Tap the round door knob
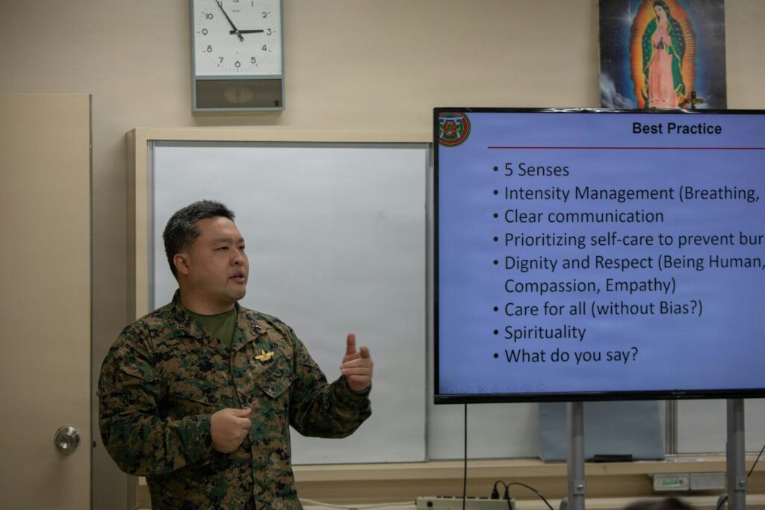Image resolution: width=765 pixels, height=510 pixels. tap(67, 439)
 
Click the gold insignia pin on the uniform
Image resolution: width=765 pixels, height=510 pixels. tap(264, 355)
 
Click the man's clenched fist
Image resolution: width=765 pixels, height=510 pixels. tap(229, 429)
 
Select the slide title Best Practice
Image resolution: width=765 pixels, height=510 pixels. tap(676, 128)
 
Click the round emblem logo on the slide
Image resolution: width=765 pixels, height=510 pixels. tap(453, 128)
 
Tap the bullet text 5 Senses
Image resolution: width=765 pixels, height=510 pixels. tap(536, 170)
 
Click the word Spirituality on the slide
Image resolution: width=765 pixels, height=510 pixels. tap(545, 332)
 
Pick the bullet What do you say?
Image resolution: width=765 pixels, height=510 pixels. tap(571, 355)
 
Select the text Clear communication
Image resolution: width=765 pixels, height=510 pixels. tap(583, 217)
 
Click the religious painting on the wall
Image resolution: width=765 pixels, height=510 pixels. tap(661, 54)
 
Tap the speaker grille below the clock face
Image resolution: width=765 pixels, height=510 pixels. tap(238, 94)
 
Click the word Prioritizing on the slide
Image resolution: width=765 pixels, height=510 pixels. tap(545, 240)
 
